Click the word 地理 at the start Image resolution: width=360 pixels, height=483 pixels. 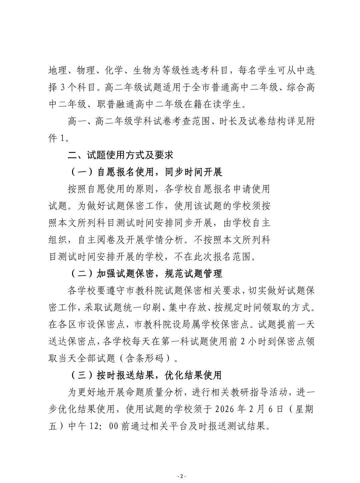click(x=57, y=71)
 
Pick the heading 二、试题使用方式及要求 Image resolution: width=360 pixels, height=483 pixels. click(x=120, y=155)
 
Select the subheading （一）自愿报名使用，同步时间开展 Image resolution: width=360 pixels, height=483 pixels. click(x=146, y=172)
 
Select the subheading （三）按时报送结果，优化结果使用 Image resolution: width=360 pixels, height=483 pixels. click(x=146, y=375)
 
